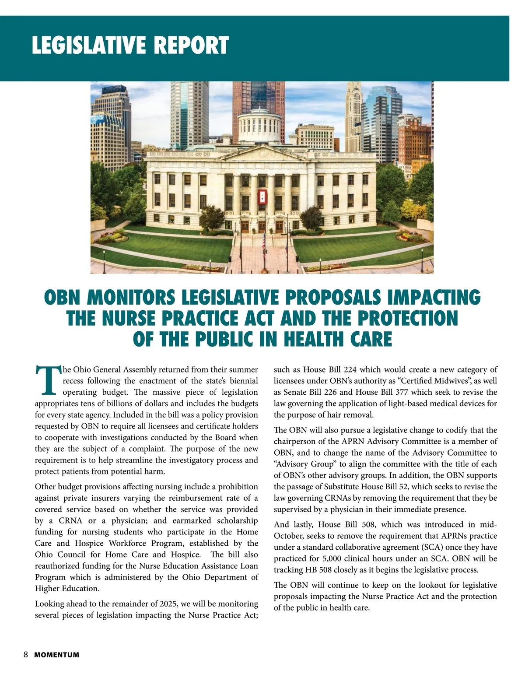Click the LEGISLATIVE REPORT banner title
pyautogui.click(x=130, y=45)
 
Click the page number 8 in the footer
pyautogui.click(x=26, y=655)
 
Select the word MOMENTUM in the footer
pyautogui.click(x=57, y=655)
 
